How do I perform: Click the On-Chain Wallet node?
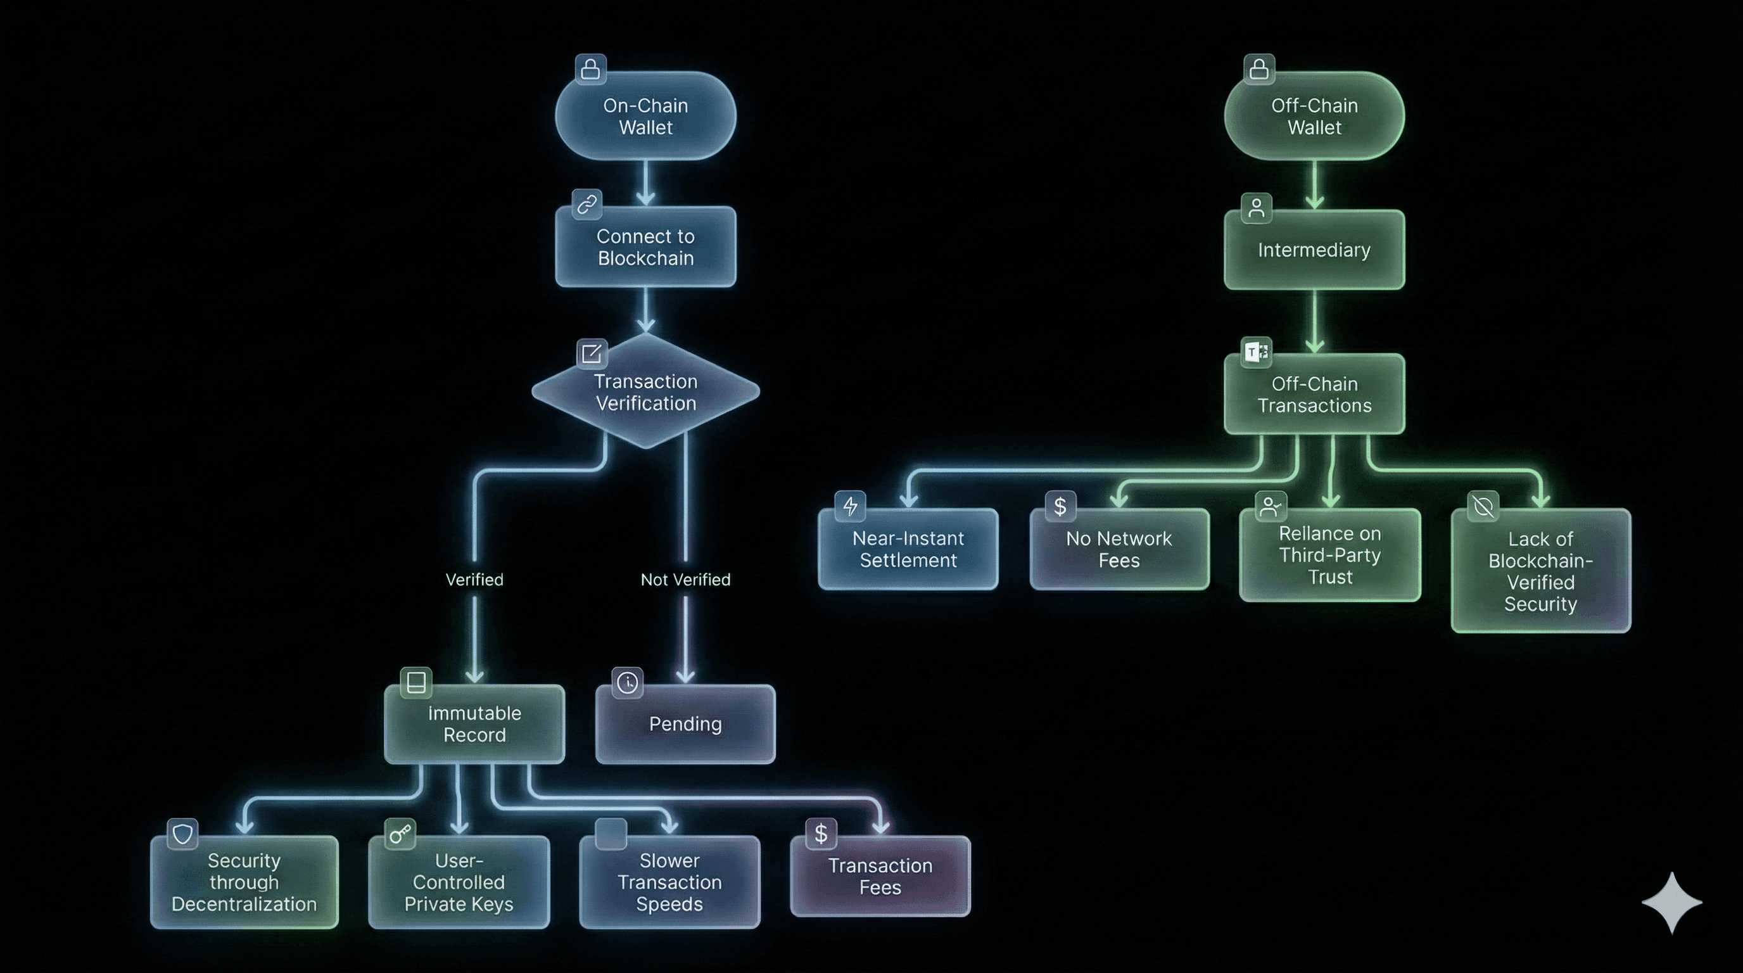[645, 117]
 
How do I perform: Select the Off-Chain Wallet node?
[1314, 117]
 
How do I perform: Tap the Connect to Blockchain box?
[645, 247]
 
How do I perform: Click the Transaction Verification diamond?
[645, 393]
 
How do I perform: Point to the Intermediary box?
[1314, 250]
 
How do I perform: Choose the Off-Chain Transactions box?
[1314, 395]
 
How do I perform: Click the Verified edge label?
[474, 580]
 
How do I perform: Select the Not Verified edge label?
[685, 580]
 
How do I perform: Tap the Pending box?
[685, 724]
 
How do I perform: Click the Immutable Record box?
[474, 724]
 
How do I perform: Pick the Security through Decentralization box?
[244, 882]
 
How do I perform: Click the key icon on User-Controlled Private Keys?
[400, 834]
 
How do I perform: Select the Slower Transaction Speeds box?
[669, 882]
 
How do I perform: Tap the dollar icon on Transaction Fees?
[821, 834]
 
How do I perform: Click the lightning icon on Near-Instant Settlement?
[850, 506]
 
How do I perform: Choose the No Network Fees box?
[1119, 549]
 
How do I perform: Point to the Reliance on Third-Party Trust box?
[1329, 556]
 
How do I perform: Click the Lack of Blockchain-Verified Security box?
[1541, 571]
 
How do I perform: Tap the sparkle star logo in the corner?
[1672, 903]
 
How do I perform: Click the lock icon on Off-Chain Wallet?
[1258, 69]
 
